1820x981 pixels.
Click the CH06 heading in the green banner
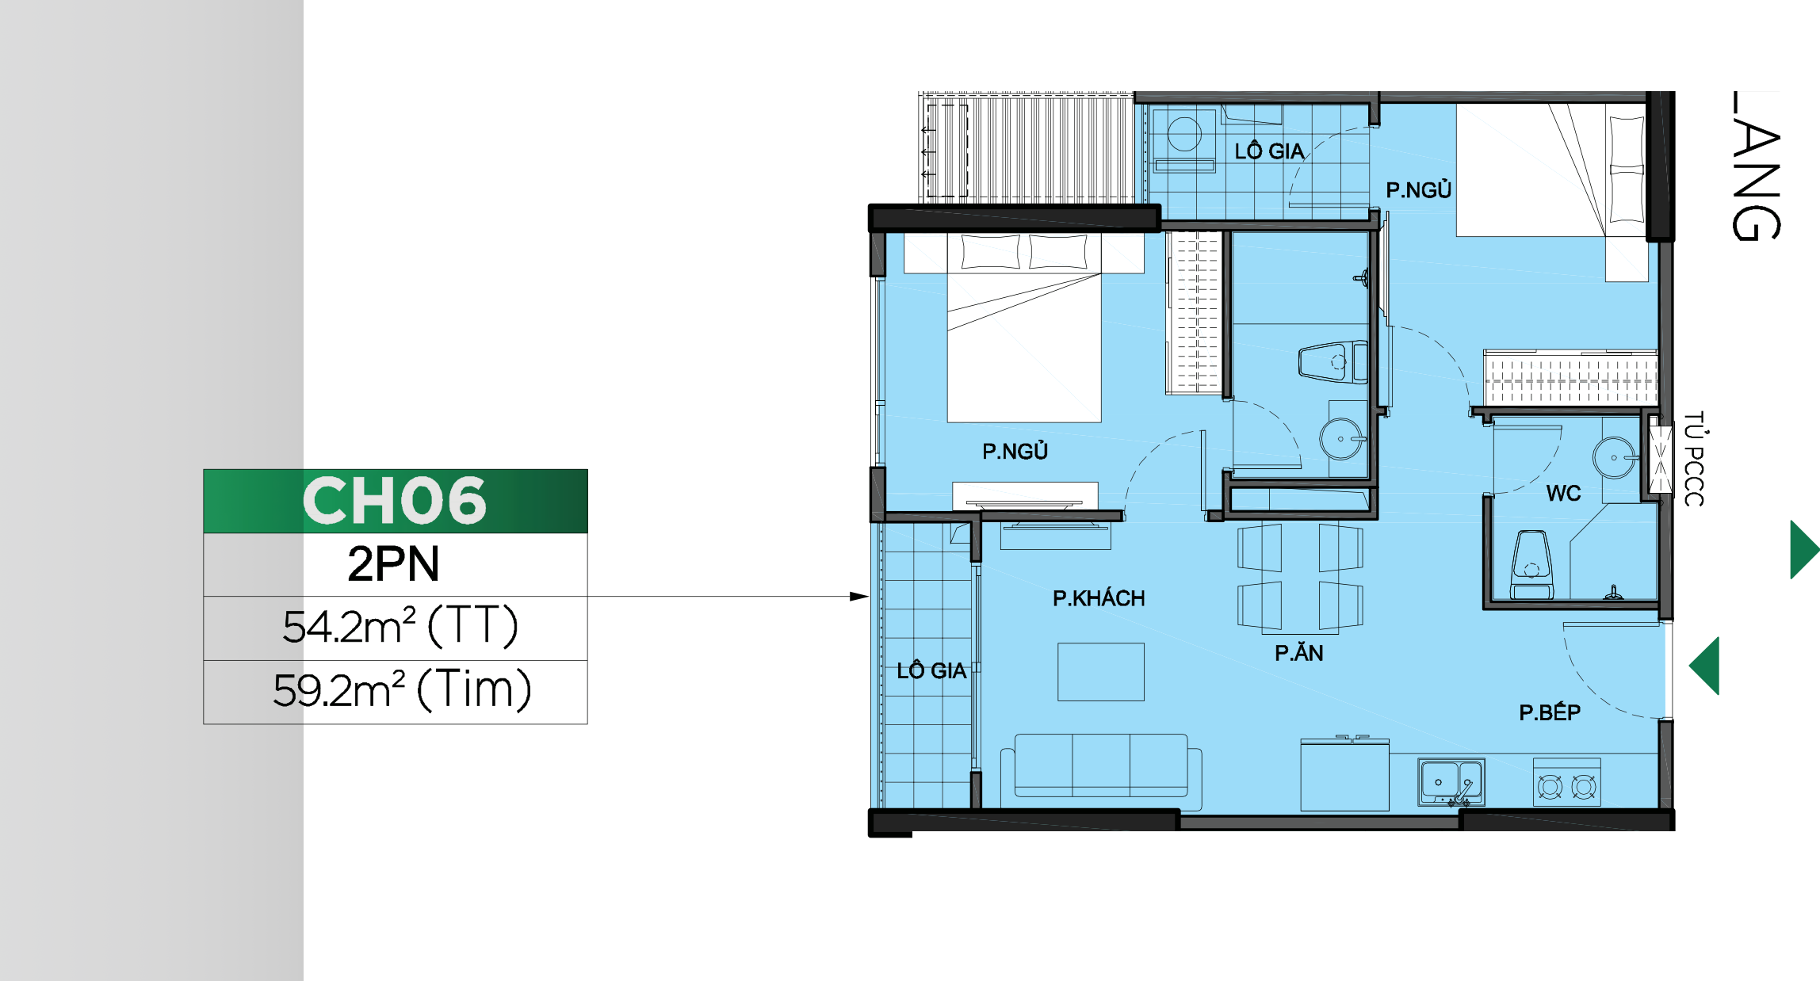394,500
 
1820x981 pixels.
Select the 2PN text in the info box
394,564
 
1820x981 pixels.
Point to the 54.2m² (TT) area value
400,626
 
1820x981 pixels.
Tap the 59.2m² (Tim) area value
402,689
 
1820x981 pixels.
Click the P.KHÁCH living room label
1099,597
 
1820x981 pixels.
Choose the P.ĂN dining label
1298,652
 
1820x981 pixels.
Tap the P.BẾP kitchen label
1550,712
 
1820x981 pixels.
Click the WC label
1563,494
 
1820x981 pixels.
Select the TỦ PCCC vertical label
1694,459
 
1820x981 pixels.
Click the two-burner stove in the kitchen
1566,783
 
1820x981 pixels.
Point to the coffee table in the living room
1101,672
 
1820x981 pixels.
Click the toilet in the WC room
1531,565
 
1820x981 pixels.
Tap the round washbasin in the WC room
1614,458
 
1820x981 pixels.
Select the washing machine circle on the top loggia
1184,134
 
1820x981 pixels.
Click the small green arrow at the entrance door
1704,666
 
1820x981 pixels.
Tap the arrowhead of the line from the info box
859,596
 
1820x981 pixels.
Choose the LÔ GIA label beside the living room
931,670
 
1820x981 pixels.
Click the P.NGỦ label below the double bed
1015,451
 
